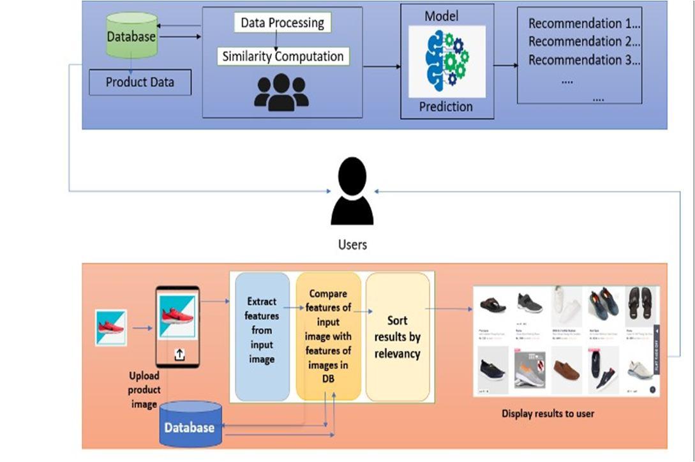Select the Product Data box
point(140,82)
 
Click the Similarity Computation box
point(283,56)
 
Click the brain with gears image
point(447,61)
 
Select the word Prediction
point(446,107)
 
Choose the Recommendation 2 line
point(583,42)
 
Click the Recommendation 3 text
point(583,61)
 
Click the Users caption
point(352,244)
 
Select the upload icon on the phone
point(179,355)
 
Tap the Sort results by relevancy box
point(397,336)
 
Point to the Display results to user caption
point(548,414)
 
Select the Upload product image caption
point(144,389)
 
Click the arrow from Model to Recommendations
point(505,66)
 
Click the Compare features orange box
point(329,336)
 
